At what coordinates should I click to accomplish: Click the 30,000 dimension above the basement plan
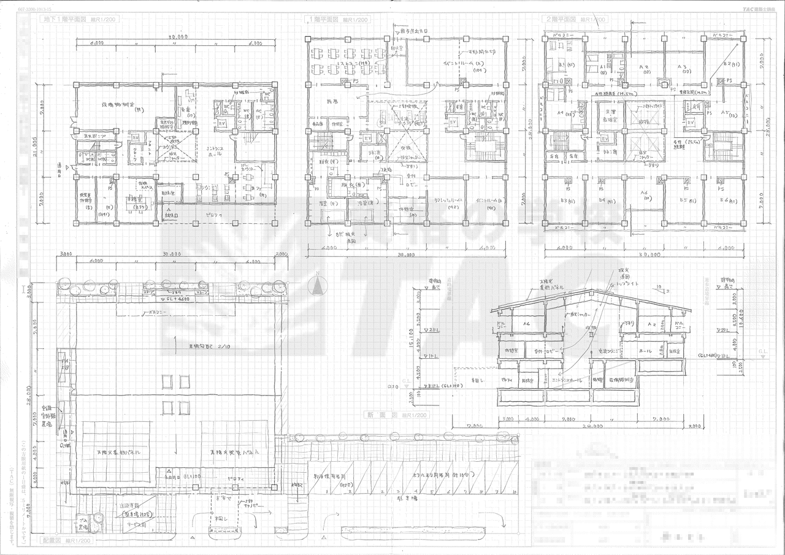[x=177, y=37]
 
